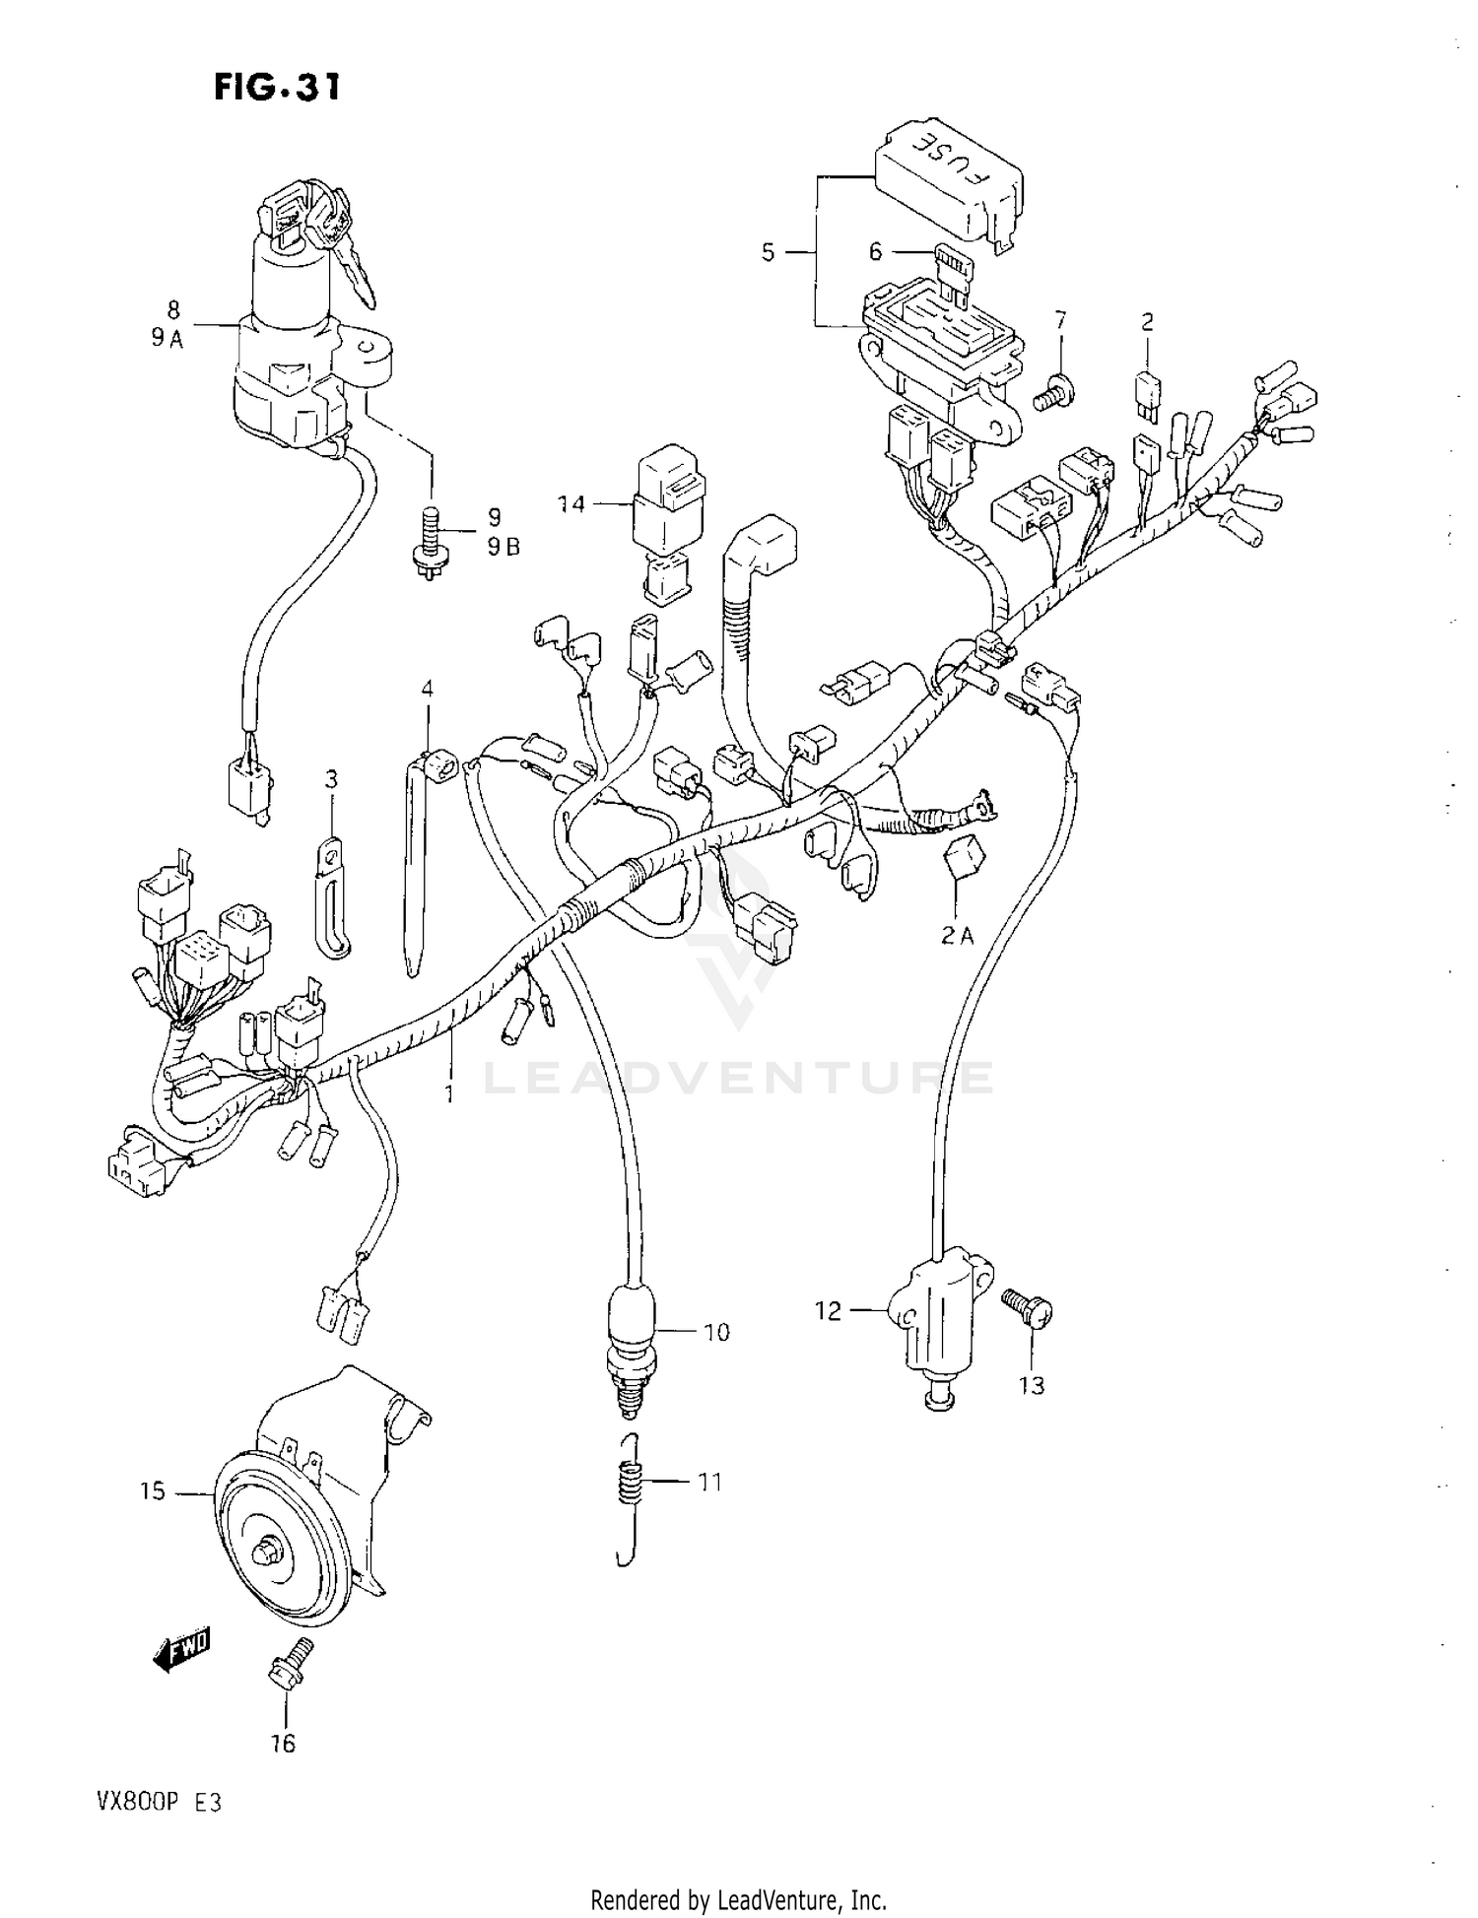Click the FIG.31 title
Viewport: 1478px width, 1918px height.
(278, 88)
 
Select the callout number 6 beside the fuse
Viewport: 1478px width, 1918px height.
(875, 252)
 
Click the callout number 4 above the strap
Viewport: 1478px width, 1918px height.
(427, 688)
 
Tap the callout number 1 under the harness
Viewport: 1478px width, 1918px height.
(449, 1093)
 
